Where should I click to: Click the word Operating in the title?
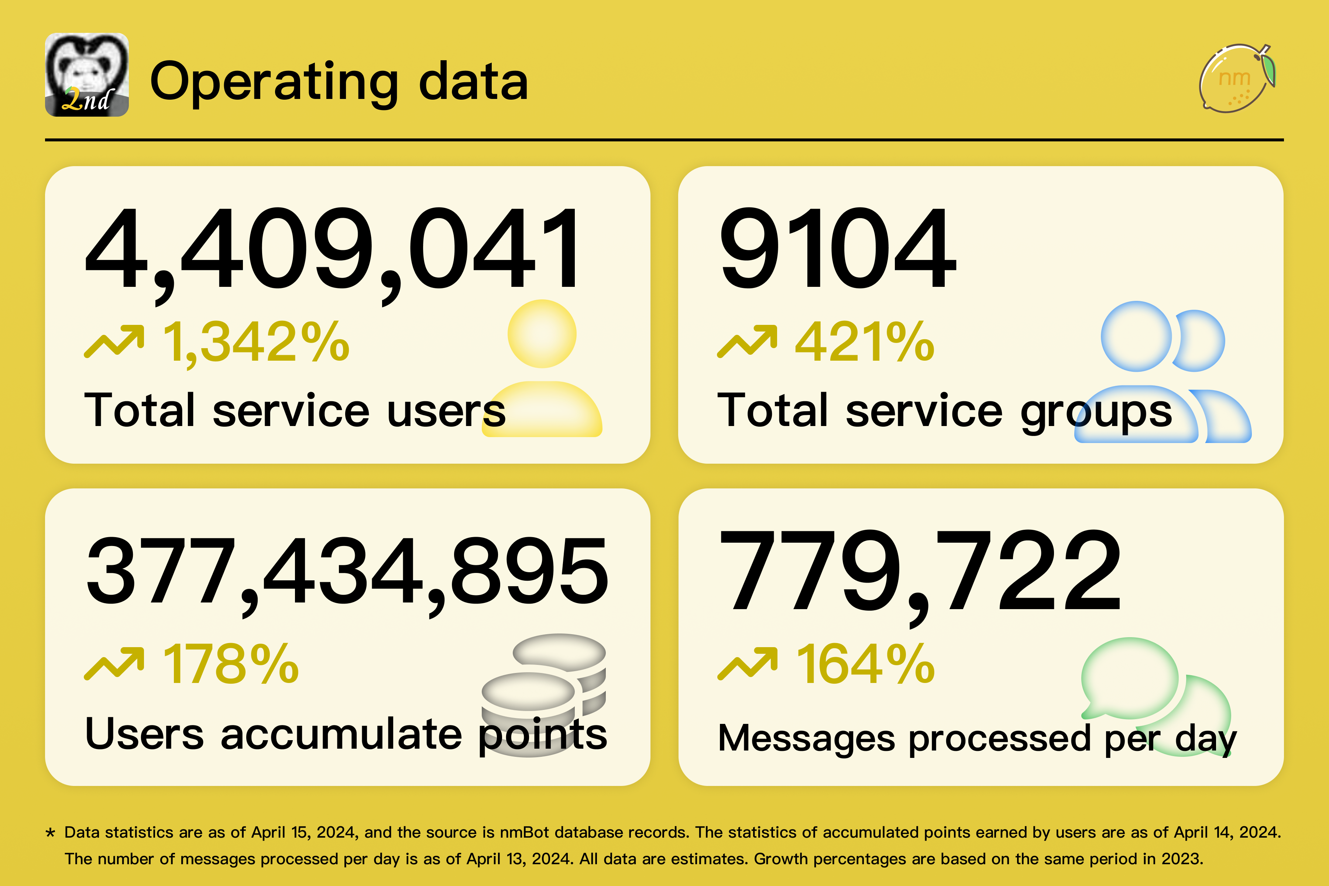pos(274,82)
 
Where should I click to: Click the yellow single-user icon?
pos(542,367)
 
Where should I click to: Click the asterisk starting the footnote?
pos(50,833)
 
